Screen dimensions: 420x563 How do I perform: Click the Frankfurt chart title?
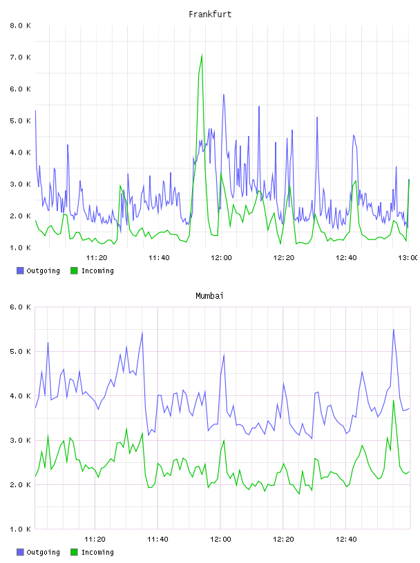coord(210,14)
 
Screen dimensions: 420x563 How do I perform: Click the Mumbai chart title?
coord(209,296)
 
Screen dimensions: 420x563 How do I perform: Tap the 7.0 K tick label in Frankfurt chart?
coord(20,57)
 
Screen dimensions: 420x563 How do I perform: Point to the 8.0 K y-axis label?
coord(20,26)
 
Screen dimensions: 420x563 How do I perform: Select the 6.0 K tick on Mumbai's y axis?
coord(20,307)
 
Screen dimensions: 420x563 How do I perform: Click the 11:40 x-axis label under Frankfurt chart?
coord(159,258)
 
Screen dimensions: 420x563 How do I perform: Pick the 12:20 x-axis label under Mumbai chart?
coord(283,540)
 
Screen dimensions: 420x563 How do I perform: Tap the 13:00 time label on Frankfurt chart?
coord(408,258)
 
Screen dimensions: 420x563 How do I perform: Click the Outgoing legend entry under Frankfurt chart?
coord(38,271)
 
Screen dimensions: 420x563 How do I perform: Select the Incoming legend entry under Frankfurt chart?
coord(93,271)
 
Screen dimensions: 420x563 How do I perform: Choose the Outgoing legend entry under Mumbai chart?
coord(38,553)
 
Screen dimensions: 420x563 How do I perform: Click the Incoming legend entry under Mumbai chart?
coord(93,553)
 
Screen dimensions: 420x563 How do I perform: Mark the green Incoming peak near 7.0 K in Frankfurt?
coord(202,55)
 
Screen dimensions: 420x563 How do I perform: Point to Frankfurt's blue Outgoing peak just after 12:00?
coord(223,95)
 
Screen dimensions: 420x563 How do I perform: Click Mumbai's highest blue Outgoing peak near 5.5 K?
coord(393,330)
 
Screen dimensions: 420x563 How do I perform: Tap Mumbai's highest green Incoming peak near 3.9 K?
coord(394,401)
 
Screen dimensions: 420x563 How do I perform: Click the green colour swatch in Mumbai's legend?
coord(74,552)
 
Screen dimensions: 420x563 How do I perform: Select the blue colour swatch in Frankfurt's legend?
coord(20,270)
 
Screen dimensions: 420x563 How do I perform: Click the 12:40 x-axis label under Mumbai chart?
coord(346,540)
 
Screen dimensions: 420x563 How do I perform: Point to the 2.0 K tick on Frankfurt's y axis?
coord(20,216)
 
